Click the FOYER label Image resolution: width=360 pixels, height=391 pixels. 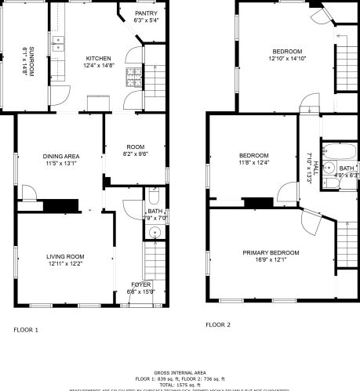[141, 284]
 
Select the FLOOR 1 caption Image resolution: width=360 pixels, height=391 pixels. [27, 330]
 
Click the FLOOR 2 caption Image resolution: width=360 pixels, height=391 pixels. [218, 324]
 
